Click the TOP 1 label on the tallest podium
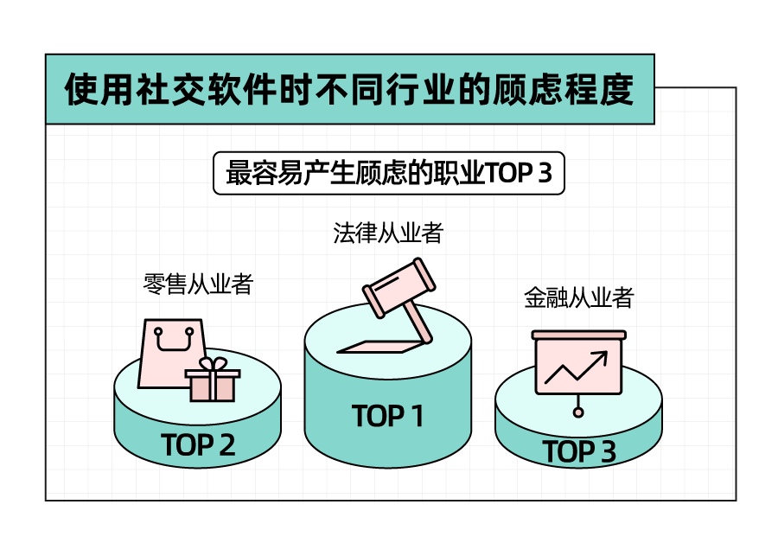point(388,417)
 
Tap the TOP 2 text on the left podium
point(198,445)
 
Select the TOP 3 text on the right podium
point(579,452)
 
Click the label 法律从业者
point(388,233)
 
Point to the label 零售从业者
point(198,284)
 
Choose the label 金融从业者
point(578,299)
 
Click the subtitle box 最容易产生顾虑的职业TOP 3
point(388,173)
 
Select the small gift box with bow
point(213,382)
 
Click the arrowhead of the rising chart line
point(602,356)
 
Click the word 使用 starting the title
point(92,90)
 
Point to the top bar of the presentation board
point(578,335)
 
